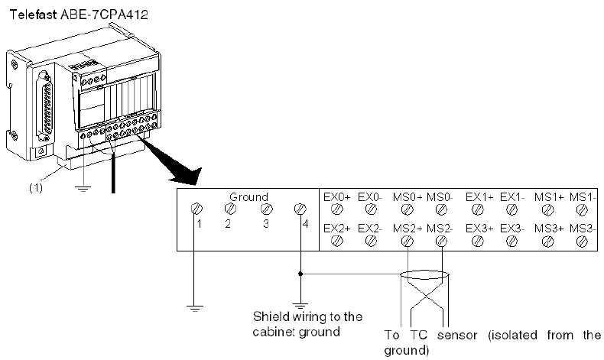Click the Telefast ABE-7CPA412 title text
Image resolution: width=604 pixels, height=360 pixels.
[79, 15]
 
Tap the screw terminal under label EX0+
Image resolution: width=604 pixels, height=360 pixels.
[337, 209]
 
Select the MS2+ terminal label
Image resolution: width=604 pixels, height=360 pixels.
[408, 229]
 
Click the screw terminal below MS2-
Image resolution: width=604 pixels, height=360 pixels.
[441, 242]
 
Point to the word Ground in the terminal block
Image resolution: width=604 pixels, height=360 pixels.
[248, 197]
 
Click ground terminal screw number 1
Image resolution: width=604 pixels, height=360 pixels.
[196, 209]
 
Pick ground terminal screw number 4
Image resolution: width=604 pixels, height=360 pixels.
[300, 209]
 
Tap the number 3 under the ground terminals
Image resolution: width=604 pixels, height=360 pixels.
[266, 224]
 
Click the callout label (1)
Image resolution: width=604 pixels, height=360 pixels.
[36, 188]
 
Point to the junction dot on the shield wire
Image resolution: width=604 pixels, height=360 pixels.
[300, 274]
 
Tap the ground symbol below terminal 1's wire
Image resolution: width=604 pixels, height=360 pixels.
[194, 308]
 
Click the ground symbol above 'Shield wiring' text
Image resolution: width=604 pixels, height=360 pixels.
[300, 306]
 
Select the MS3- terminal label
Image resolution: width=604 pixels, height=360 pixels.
[583, 229]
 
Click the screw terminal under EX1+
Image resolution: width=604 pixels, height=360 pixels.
[478, 209]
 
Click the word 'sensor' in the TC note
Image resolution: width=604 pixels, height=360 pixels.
[457, 336]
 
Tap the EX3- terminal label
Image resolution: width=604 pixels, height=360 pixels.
[512, 229]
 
